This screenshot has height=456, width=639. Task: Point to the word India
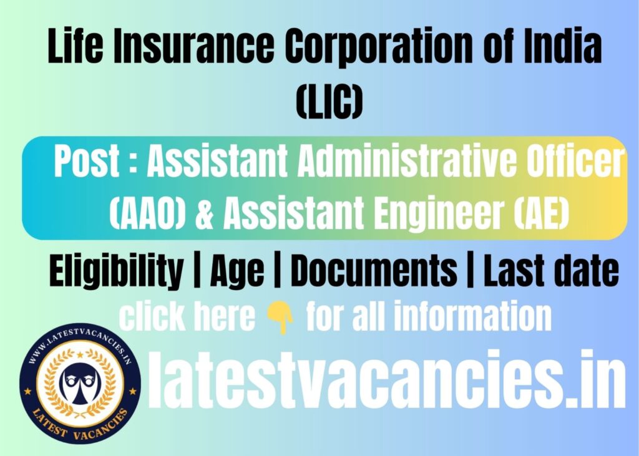point(562,45)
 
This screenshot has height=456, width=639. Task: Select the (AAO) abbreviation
point(147,213)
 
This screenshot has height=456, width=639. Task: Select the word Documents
point(374,270)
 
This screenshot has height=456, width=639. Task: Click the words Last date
point(551,270)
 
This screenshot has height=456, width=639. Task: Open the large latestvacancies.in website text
point(386,379)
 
